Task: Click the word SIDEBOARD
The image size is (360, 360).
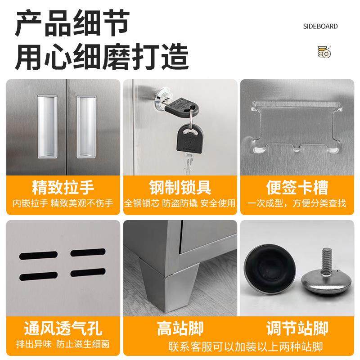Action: point(320,26)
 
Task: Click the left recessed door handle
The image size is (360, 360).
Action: point(47,127)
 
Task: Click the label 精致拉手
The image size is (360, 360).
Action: point(63,187)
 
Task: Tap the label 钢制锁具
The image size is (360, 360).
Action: point(180,187)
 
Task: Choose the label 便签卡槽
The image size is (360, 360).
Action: point(297,187)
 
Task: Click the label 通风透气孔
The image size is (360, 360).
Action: point(63,328)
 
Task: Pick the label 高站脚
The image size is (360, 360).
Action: point(180,328)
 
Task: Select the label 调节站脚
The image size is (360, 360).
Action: point(297,328)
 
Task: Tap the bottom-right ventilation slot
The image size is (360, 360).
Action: point(88,272)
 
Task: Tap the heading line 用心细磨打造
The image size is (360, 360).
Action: point(102,57)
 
